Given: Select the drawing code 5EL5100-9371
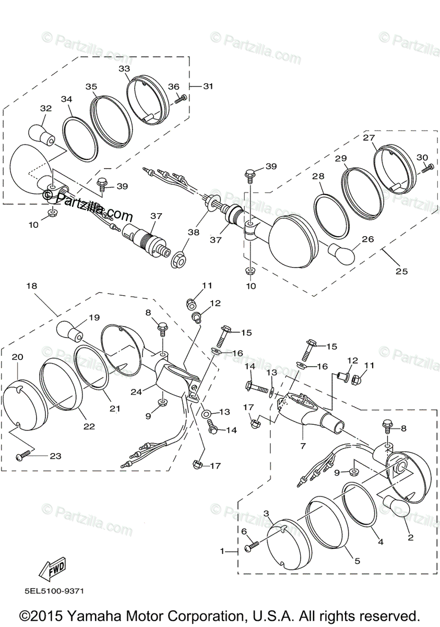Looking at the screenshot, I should (54, 591).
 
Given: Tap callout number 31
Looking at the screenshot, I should (208, 86).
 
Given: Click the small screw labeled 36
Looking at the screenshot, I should (181, 98).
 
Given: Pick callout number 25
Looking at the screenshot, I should (401, 271).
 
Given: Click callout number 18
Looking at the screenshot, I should (32, 286).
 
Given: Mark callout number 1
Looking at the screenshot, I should (223, 551).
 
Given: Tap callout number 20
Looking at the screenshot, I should (17, 357).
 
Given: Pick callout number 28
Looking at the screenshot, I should (319, 177).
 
